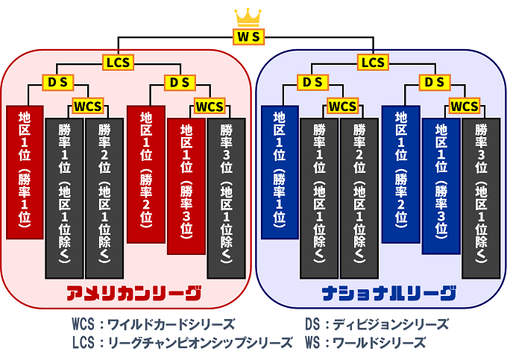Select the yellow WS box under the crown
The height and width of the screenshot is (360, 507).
coord(248,36)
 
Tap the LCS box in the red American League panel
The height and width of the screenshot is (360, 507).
coord(118,63)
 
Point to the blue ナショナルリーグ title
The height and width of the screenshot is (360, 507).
coord(388,293)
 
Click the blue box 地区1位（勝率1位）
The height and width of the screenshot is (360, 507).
coord(280,171)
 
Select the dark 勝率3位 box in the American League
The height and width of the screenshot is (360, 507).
coord(226,198)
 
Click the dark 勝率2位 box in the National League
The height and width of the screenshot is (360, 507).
coord(360,198)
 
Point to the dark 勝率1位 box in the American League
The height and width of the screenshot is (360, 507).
coord(64,198)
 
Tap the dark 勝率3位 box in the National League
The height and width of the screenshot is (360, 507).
coord(481,198)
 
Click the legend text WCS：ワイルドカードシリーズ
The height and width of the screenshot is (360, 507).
coord(153,324)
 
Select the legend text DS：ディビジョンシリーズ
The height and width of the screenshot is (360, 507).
coord(376,324)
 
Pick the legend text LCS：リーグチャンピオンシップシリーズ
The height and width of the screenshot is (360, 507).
coord(182,343)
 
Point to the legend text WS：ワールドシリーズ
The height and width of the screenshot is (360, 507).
coord(365,343)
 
